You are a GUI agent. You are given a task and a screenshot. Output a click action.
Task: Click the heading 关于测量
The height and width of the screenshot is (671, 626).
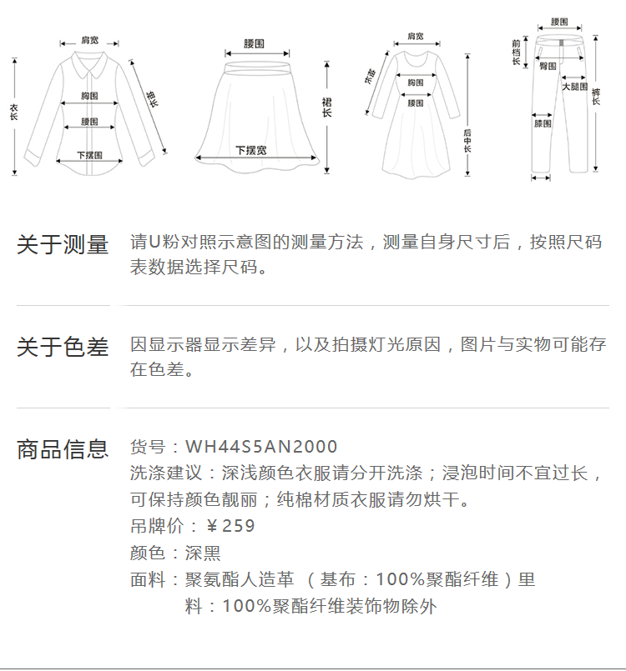tap(63, 245)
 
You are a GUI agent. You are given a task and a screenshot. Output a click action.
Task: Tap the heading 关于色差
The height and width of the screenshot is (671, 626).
tap(63, 347)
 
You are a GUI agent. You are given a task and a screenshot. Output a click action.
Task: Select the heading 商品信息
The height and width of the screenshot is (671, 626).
tap(63, 449)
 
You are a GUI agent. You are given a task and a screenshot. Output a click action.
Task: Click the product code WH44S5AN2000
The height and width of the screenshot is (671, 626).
tap(261, 448)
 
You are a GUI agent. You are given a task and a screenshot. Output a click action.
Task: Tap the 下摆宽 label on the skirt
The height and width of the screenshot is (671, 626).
tap(250, 150)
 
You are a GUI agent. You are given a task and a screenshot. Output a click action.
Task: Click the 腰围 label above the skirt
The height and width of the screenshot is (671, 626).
tap(254, 43)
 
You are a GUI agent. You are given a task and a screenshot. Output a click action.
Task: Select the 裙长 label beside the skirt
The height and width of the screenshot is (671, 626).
tap(326, 106)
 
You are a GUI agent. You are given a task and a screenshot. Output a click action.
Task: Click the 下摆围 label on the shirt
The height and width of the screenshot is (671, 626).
tap(89, 155)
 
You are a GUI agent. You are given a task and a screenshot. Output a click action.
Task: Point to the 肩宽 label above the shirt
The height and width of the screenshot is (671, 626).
tap(89, 40)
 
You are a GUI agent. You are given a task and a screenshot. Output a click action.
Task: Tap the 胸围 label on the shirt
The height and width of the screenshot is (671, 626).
tap(90, 96)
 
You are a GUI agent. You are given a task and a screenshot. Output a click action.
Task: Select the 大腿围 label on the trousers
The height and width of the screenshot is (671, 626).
tap(574, 86)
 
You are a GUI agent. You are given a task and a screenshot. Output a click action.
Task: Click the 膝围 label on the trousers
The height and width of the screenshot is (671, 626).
tap(543, 123)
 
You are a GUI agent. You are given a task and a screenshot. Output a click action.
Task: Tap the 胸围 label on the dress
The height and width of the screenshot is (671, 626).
tap(415, 82)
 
